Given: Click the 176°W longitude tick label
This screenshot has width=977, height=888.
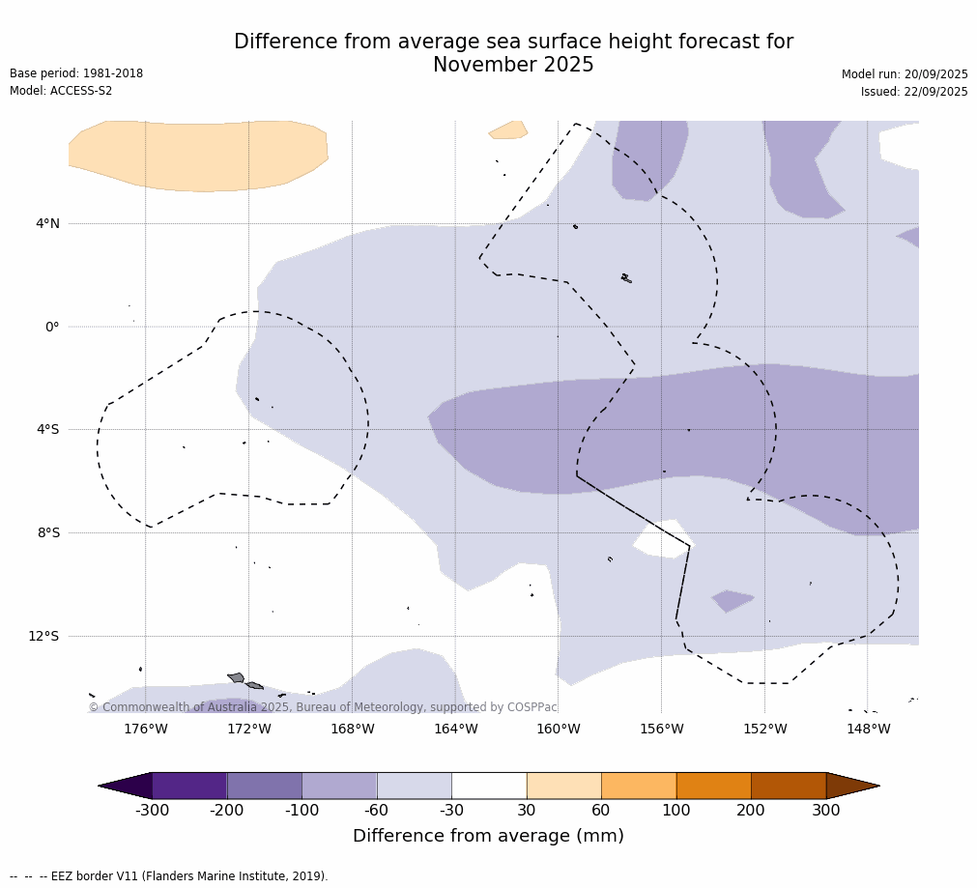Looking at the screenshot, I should (145, 729).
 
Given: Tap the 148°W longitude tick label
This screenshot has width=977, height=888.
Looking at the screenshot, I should (868, 729).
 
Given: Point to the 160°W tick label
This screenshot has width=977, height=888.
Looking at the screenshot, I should (559, 729).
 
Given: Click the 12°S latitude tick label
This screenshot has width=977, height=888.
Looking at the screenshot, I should (43, 636).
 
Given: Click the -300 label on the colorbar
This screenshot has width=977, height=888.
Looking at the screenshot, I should (152, 810).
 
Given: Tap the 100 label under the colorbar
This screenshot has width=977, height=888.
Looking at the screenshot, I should (676, 810).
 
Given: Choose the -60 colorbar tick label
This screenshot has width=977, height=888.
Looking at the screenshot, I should (377, 810).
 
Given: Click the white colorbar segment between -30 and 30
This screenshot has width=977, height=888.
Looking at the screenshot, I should (489, 786).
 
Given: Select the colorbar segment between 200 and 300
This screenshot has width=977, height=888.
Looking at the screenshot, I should (789, 786).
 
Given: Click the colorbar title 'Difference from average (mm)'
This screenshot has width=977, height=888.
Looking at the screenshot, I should (488, 836).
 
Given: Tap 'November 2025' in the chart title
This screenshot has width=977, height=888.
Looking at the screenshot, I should (513, 65).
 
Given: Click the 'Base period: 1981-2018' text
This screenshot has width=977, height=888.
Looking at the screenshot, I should (76, 73).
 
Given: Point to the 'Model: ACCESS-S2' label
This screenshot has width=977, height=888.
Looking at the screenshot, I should (61, 91).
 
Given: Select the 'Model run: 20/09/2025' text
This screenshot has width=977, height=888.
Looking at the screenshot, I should (905, 74).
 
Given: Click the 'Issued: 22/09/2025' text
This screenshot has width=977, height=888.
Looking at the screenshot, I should (914, 92).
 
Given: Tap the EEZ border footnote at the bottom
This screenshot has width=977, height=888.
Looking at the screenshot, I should (169, 876).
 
